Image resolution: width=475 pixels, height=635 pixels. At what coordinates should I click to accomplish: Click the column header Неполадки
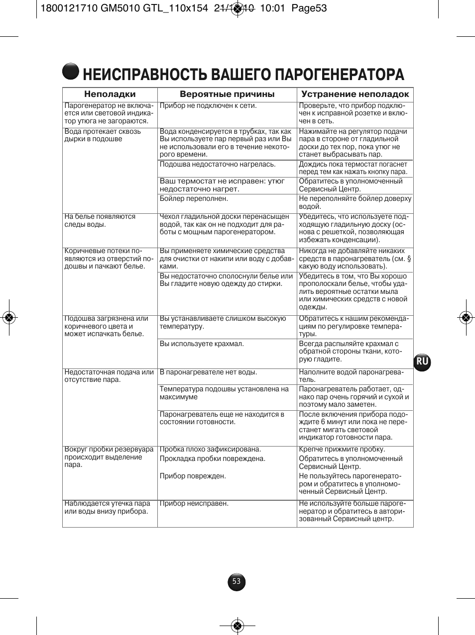110,94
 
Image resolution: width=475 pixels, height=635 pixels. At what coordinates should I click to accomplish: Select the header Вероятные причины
227,94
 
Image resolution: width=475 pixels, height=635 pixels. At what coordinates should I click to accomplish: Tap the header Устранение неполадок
355,94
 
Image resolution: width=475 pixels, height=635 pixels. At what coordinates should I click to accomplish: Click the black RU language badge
422,362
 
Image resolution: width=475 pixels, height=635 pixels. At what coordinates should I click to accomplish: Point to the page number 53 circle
237,582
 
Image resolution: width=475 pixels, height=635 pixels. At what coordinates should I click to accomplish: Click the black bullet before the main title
71,72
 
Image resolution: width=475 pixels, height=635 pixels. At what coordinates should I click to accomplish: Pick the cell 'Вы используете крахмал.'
202,344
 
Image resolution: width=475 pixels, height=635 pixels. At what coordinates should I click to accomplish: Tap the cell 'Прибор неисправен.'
194,504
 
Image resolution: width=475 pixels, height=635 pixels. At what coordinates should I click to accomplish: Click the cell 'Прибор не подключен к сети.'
208,106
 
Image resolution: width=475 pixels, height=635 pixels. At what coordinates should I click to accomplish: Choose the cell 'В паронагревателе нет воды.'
208,372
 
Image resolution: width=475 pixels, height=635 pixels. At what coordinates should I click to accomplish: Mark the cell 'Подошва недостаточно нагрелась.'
218,165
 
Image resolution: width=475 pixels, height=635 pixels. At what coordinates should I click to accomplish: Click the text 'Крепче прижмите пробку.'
342,450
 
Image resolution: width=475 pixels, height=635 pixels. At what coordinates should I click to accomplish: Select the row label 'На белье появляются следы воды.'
100,220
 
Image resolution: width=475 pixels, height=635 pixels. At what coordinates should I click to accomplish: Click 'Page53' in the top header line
309,8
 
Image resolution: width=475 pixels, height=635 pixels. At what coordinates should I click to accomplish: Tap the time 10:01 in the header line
272,8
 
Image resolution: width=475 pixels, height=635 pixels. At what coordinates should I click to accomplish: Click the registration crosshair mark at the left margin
8,317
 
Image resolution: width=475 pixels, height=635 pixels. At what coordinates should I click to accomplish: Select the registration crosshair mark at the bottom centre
237,626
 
